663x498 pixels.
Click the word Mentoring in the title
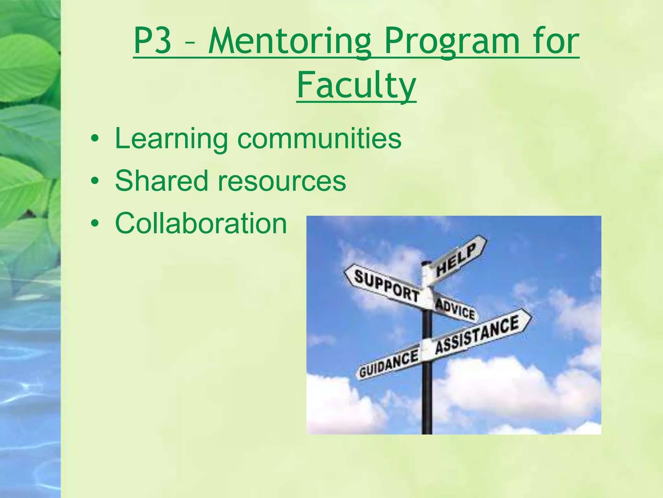(290, 42)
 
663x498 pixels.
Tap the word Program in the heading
(452, 42)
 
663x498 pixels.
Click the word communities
(319, 139)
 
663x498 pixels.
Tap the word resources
(282, 181)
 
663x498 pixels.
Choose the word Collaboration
(201, 223)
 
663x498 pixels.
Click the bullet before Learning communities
(95, 139)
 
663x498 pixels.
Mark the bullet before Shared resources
(95, 181)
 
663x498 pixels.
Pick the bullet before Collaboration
(95, 223)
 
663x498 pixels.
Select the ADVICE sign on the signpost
(455, 309)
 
